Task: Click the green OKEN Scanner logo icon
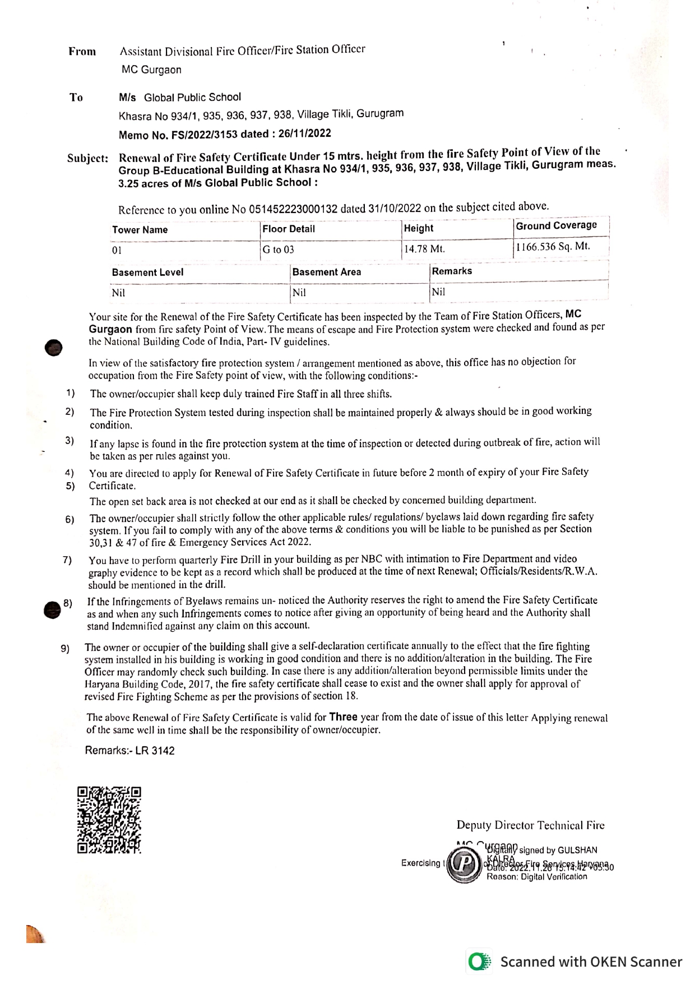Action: pos(479,962)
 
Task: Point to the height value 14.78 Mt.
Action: pos(424,248)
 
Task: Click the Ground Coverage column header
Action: pos(556,225)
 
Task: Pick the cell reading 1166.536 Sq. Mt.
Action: pos(553,246)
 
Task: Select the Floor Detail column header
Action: pos(289,229)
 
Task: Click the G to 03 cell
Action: pos(279,250)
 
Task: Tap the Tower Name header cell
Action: pos(140,230)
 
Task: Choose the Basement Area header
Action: pos(326,272)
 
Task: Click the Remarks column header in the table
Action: pos(452,271)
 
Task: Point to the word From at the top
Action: pos(82,52)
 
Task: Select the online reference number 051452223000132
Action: pos(293,209)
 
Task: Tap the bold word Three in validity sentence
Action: pos(343,717)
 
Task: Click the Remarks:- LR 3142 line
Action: pos(129,750)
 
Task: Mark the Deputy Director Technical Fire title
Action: pos(530,825)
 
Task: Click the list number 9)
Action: pos(66,649)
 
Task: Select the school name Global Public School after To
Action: pos(192,97)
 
